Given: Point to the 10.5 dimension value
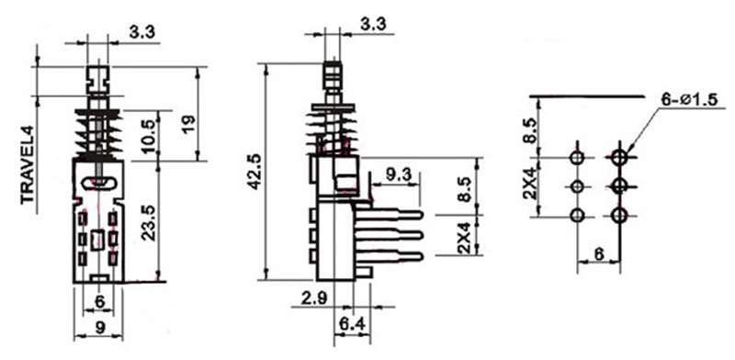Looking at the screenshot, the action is pyautogui.click(x=150, y=136).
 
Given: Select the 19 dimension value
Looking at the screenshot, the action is pyautogui.click(x=188, y=125).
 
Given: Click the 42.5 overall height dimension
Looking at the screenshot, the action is pyautogui.click(x=254, y=172).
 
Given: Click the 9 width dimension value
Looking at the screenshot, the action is pyautogui.click(x=100, y=328).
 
